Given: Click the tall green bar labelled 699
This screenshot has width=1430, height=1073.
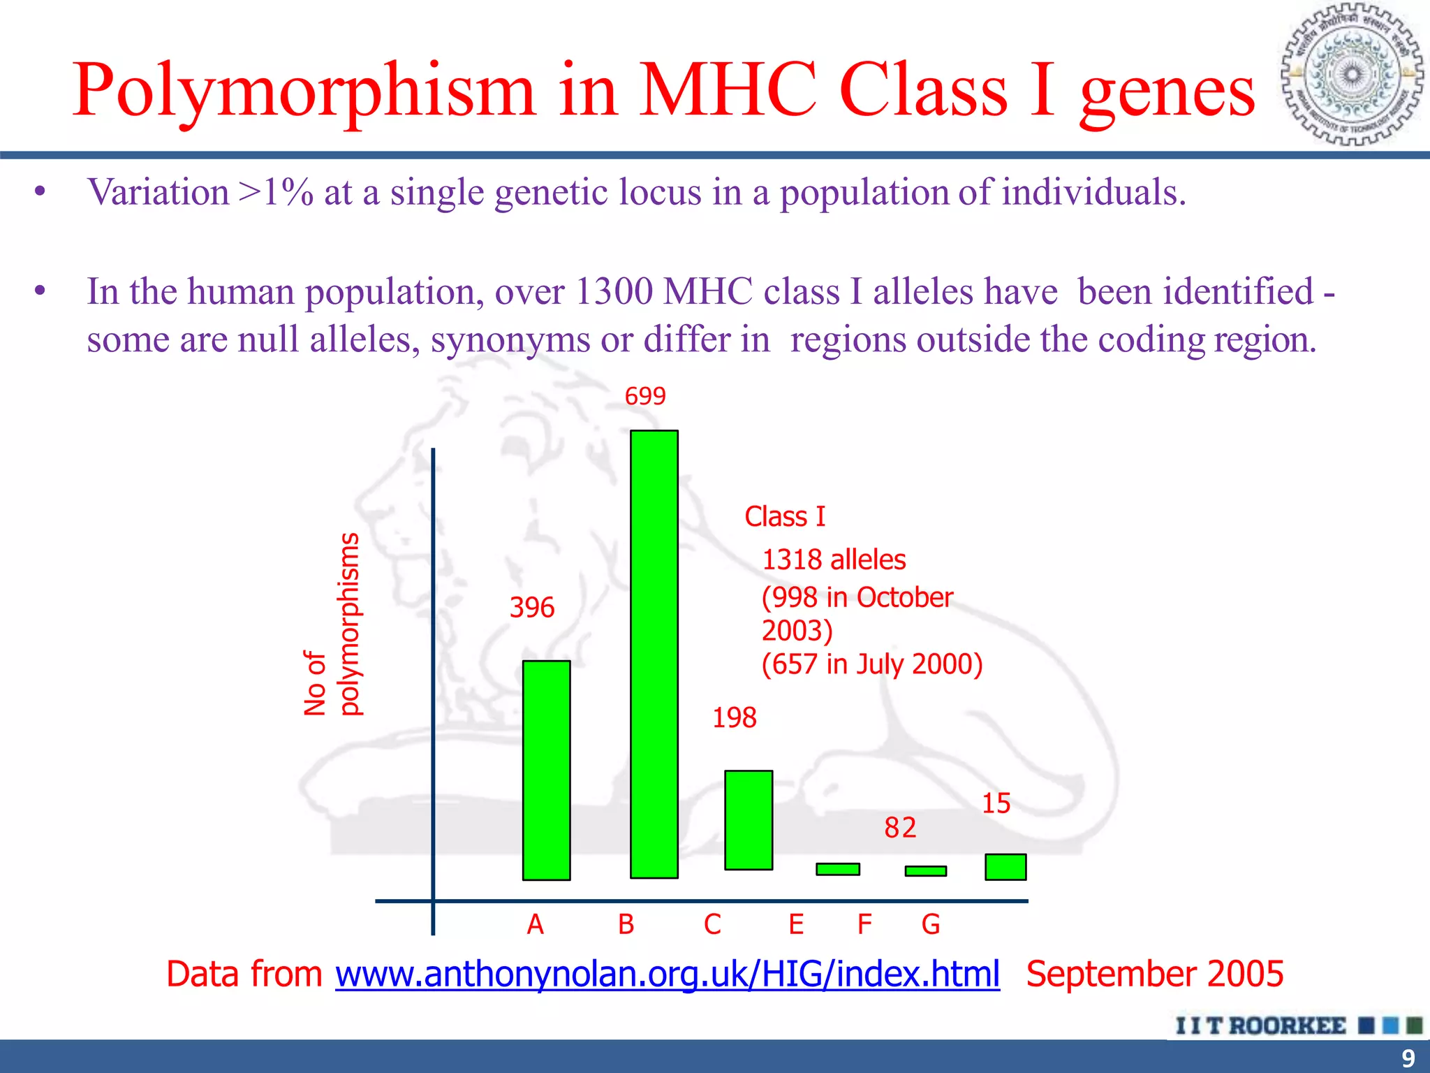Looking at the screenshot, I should coord(654,654).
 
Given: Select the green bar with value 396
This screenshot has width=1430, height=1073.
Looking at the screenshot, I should coord(546,770).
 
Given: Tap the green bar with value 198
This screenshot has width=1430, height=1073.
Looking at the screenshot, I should coord(749,820).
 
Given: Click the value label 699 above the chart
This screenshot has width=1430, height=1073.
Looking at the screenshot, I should coord(644,396).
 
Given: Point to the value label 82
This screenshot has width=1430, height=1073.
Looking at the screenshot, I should coord(900,828).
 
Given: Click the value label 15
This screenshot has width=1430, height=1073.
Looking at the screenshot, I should coord(996,803).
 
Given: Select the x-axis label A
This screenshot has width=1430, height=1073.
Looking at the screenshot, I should coord(535,924).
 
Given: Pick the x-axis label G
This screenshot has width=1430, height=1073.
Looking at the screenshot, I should coord(931,924).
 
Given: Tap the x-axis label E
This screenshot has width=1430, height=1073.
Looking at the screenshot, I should coord(796,924).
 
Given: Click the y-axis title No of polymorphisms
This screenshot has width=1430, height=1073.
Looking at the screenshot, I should coord(332,625).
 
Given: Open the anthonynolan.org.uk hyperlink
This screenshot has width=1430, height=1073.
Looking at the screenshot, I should coord(667,974).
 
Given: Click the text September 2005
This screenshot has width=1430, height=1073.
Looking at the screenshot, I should coord(1154,974).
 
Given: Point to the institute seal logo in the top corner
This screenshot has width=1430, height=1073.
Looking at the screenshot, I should coord(1352,75).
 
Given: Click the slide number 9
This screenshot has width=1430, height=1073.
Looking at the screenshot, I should coord(1408,1058).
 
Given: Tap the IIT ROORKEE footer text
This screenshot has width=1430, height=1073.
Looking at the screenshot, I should coord(1260,1025).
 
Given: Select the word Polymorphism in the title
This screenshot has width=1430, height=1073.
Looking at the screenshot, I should coord(304,91).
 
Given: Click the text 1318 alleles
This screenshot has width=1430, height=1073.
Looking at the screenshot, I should coord(833,560).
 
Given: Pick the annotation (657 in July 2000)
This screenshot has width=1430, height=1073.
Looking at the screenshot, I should coord(871,664).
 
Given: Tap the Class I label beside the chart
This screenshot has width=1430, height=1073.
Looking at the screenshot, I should coord(785,517).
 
